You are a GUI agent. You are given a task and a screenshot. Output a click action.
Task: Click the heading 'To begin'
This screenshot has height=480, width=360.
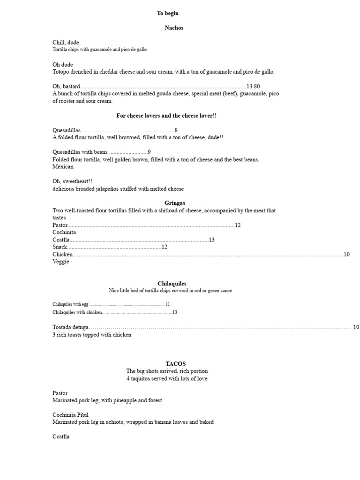click(167, 13)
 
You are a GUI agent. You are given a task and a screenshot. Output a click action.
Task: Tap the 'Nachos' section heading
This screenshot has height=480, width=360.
click(174, 28)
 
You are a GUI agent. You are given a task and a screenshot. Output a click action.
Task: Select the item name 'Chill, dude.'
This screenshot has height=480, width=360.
click(67, 43)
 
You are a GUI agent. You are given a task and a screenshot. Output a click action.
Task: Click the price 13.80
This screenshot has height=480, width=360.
click(253, 86)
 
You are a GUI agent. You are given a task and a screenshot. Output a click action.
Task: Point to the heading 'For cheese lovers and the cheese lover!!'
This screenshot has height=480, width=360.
click(166, 115)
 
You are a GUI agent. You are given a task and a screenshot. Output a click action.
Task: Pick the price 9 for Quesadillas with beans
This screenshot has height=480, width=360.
click(149, 152)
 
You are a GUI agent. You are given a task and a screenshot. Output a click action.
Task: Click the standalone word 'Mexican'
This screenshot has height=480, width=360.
click(63, 167)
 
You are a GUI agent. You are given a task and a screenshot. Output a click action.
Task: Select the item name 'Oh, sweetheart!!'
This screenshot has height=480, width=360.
click(73, 181)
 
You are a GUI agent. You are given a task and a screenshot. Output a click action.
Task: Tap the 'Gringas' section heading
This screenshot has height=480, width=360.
click(175, 203)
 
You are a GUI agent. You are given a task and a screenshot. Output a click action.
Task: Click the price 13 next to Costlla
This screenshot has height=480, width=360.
click(211, 240)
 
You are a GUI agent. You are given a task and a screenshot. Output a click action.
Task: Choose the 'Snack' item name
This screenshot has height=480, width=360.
click(60, 247)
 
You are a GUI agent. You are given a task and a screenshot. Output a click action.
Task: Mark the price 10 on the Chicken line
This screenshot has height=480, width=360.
click(347, 254)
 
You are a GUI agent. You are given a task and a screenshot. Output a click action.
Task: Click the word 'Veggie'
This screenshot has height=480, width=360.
click(61, 262)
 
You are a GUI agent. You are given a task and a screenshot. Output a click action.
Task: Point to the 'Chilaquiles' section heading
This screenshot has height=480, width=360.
click(172, 284)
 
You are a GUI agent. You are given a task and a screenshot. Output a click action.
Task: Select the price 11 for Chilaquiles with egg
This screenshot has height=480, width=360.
click(167, 304)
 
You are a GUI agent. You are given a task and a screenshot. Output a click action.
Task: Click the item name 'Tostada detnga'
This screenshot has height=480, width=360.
click(70, 327)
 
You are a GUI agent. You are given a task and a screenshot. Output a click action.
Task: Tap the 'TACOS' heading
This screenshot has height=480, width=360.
click(175, 364)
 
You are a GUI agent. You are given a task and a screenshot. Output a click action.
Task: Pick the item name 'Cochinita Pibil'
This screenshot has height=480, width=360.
click(70, 415)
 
